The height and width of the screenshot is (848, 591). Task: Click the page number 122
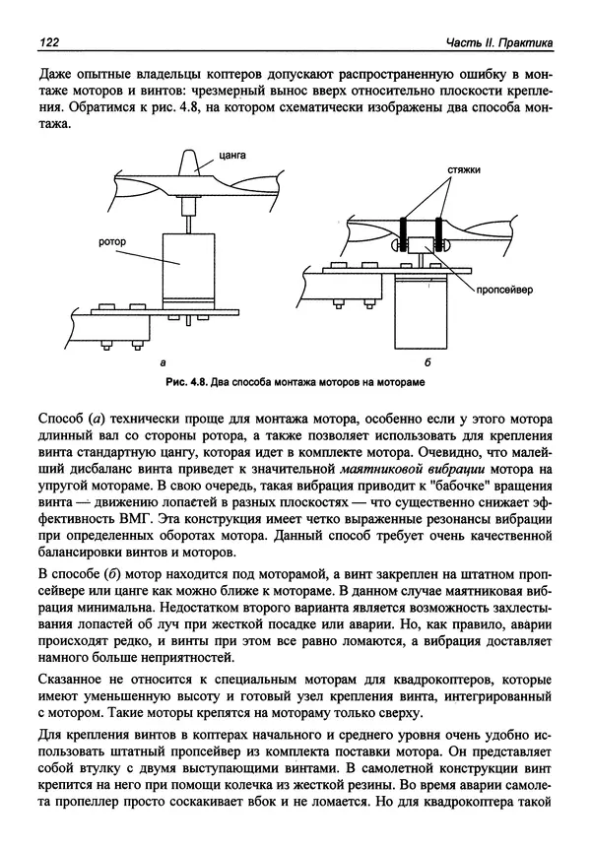click(x=47, y=41)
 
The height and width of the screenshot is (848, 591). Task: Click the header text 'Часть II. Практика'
click(x=498, y=41)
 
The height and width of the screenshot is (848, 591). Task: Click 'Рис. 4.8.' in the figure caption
click(x=185, y=381)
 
